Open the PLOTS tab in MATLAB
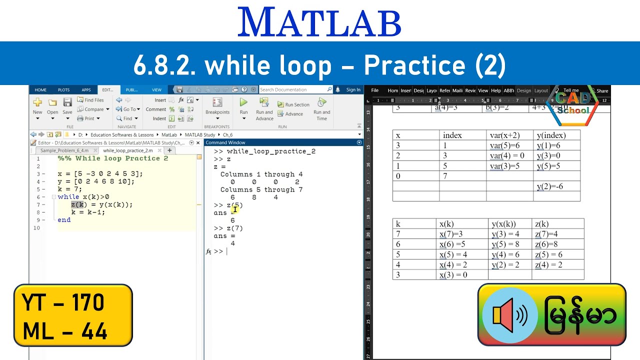tap(63, 90)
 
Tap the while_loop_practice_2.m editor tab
tap(128, 150)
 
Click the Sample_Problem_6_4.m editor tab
tap(64, 150)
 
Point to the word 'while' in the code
tap(68, 197)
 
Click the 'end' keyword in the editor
tap(64, 219)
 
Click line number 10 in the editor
tap(36, 228)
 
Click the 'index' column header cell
tap(452, 135)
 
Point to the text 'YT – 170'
tap(63, 303)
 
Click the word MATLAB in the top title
tap(319, 22)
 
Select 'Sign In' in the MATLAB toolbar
tap(353, 90)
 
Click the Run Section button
tap(293, 104)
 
